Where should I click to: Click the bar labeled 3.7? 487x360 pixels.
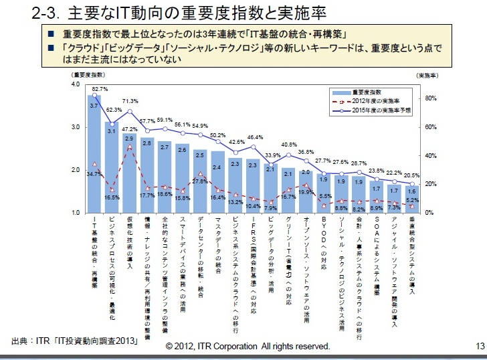(x=94, y=154)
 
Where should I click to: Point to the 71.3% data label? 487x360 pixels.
(x=130, y=101)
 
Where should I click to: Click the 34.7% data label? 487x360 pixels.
(x=94, y=174)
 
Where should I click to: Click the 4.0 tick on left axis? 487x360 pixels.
(x=74, y=84)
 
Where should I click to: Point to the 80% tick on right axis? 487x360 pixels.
(x=431, y=98)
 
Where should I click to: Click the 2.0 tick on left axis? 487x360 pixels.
(x=74, y=170)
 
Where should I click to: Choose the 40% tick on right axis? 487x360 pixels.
(x=431, y=155)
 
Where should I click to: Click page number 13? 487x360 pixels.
(x=478, y=346)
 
